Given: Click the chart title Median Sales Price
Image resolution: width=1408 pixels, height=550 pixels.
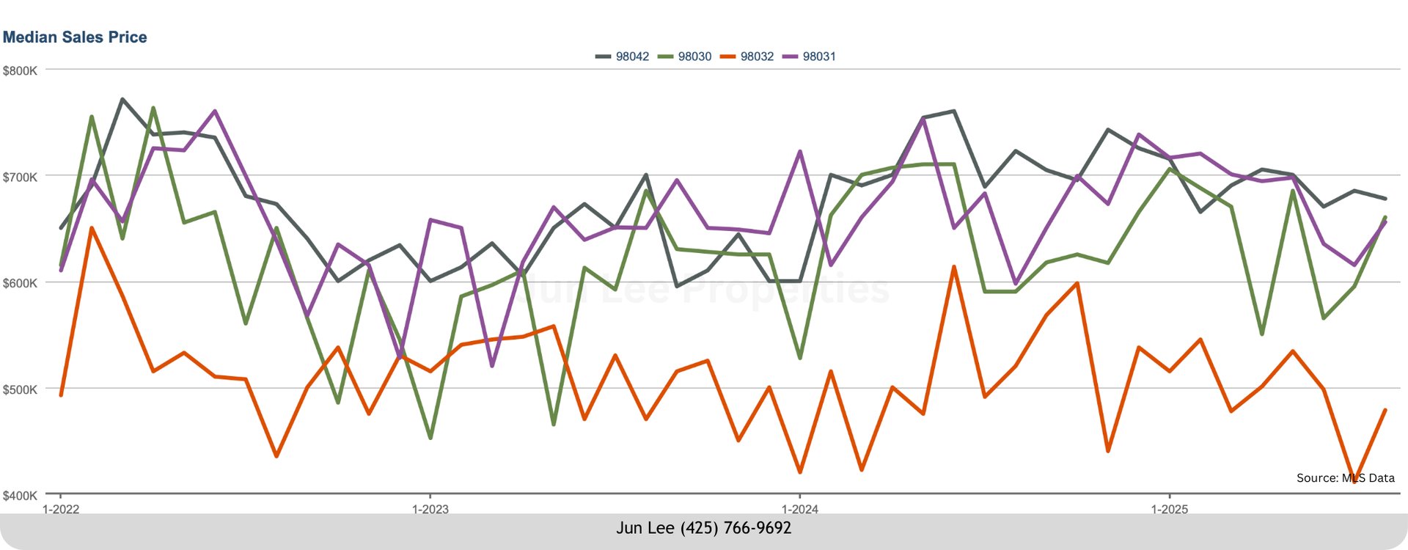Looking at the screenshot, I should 75,37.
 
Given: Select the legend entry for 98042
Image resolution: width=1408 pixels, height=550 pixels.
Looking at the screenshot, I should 623,56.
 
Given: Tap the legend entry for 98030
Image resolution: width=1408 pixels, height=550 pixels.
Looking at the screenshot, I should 685,56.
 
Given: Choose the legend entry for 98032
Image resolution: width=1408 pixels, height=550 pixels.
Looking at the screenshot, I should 747,56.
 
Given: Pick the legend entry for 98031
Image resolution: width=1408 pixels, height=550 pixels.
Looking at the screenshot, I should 810,56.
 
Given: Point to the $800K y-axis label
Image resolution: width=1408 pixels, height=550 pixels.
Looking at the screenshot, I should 20,71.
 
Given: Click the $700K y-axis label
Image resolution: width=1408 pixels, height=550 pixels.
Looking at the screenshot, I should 20,177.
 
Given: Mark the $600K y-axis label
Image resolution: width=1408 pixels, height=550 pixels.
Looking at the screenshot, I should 20,283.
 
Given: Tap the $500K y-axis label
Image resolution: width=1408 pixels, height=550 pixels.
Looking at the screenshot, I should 20,389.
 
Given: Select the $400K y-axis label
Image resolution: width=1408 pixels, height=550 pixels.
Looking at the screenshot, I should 20,496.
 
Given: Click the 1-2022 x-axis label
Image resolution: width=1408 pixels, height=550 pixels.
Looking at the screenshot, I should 61,509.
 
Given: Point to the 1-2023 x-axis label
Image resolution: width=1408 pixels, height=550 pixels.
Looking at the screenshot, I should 430,509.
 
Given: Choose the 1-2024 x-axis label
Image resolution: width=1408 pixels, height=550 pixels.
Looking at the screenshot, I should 800,509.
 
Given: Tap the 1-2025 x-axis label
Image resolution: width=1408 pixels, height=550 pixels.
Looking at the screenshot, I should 1170,509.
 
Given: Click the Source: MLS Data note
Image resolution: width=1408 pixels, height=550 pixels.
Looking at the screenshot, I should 1345,478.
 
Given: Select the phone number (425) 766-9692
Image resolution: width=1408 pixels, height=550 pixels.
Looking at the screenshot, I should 736,528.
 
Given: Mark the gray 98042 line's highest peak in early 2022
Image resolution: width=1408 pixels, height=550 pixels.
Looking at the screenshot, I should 122,99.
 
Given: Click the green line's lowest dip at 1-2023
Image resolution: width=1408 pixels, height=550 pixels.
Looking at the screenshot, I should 430,438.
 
